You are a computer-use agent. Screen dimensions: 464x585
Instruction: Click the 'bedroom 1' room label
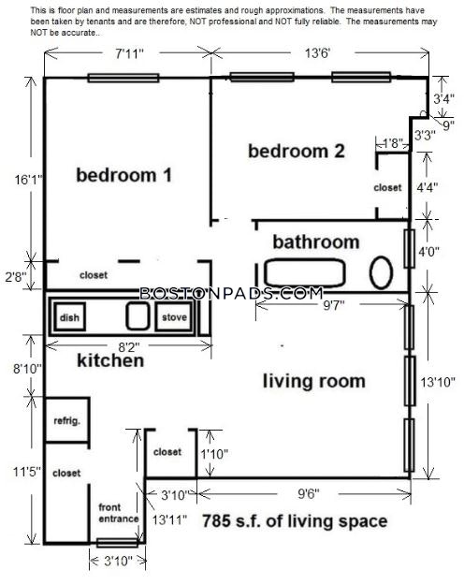point(123,175)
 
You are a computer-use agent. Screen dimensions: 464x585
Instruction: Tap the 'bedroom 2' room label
point(297,151)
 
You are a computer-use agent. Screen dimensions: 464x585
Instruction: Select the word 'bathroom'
point(316,242)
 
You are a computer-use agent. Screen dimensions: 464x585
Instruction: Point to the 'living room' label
point(314,381)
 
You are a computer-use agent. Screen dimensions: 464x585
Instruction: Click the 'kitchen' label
point(110,360)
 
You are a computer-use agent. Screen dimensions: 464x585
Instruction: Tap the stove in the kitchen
point(174,316)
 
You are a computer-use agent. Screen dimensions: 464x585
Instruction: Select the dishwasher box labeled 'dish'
point(70,316)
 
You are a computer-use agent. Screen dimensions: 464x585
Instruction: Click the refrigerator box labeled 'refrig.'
point(67,420)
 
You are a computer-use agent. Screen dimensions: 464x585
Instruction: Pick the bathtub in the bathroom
point(304,272)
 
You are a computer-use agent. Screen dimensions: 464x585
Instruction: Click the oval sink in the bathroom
point(381,272)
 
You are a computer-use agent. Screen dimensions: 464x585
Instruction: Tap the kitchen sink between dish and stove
point(138,316)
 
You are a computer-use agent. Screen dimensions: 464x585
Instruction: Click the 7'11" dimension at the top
point(129,53)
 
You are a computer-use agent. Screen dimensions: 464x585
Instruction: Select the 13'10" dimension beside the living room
point(438,382)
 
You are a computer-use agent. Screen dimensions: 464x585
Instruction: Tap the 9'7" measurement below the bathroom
point(334,305)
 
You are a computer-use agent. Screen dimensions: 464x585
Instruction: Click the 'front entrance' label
point(118,513)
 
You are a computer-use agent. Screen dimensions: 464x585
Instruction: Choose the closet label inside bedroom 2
point(387,187)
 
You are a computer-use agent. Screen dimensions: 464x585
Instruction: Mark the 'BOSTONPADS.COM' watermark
point(231,293)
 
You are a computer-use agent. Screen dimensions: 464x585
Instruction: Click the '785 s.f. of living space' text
point(295,521)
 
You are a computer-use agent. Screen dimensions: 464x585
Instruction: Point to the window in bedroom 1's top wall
point(123,78)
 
